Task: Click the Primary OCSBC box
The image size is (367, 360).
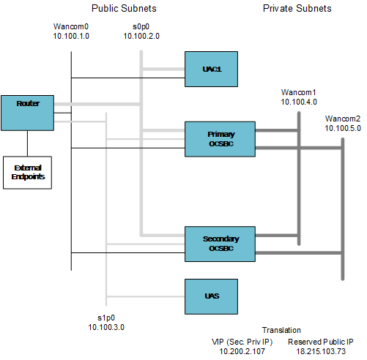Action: [x=220, y=140]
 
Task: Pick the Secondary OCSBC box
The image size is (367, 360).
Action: [x=220, y=244]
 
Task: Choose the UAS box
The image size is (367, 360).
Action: [x=212, y=296]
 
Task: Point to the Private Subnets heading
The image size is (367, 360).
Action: [x=297, y=9]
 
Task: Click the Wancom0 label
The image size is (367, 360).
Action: [x=71, y=26]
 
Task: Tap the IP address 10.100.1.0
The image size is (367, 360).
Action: [x=71, y=36]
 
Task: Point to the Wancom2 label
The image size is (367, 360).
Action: [x=343, y=119]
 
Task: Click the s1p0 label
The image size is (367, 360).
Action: [x=107, y=318]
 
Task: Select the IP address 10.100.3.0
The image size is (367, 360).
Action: [x=107, y=327]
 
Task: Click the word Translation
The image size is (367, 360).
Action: [x=282, y=331]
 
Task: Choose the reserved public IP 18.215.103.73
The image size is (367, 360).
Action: [x=321, y=352]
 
